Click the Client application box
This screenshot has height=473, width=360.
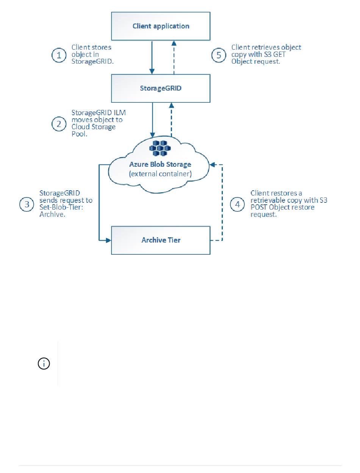(x=161, y=26)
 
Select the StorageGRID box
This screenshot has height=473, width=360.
(x=161, y=88)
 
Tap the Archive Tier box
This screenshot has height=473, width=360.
(x=161, y=240)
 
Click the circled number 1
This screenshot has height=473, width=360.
(x=59, y=55)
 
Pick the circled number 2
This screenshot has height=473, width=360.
(x=59, y=124)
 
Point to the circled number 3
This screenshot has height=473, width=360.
(x=27, y=204)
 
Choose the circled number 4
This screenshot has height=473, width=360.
(x=237, y=204)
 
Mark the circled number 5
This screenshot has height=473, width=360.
(x=219, y=55)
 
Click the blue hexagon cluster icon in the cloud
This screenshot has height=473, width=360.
(x=160, y=148)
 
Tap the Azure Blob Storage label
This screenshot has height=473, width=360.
(x=160, y=164)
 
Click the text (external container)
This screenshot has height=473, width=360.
(x=160, y=174)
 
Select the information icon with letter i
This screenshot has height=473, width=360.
(x=44, y=363)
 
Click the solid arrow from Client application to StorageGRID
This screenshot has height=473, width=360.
(x=152, y=58)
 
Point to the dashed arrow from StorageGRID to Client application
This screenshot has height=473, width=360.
(x=174, y=58)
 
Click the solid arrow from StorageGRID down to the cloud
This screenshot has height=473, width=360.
(x=153, y=120)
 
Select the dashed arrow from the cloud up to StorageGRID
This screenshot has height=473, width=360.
(x=171, y=120)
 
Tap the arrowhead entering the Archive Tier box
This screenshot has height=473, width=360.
(x=108, y=240)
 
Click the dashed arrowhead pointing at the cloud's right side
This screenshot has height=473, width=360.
(x=213, y=164)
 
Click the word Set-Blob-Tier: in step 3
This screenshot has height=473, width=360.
(x=61, y=207)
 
